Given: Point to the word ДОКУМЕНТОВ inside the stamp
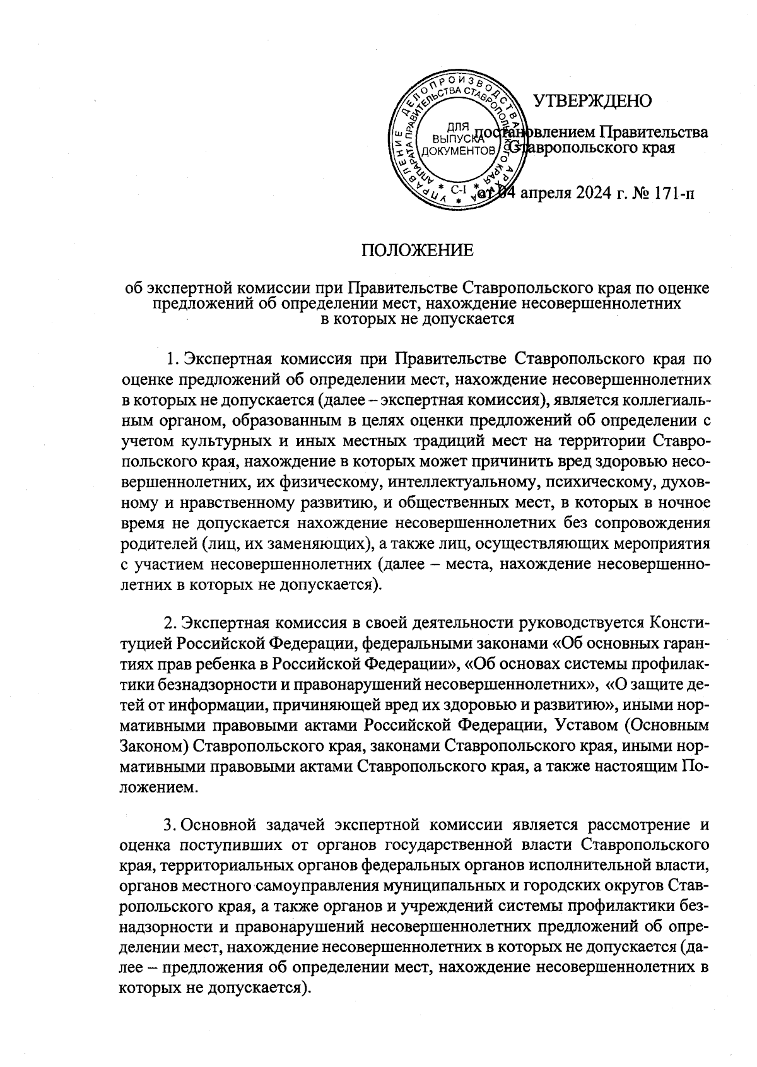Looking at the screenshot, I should pyautogui.click(x=458, y=151).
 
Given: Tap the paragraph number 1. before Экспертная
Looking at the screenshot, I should pyautogui.click(x=171, y=360).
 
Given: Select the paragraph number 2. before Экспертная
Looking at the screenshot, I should pyautogui.click(x=169, y=623).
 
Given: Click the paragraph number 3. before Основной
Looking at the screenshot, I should pyautogui.click(x=169, y=825).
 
